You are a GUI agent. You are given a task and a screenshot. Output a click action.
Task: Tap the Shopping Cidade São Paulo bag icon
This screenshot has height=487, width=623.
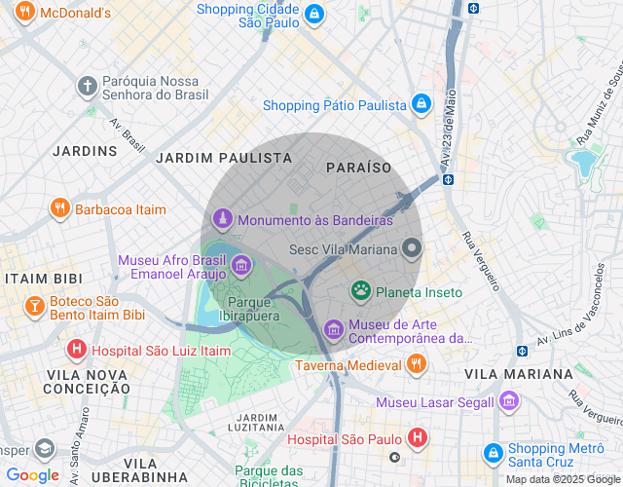click(314, 15)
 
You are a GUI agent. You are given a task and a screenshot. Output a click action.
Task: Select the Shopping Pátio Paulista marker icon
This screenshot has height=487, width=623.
click(421, 103)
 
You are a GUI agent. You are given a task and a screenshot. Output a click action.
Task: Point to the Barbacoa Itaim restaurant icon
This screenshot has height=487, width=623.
click(59, 208)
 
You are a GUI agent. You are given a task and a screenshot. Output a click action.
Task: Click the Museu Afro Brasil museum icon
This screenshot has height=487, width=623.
click(240, 264)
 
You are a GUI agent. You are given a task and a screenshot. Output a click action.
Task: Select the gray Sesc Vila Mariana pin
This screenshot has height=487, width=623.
click(412, 249)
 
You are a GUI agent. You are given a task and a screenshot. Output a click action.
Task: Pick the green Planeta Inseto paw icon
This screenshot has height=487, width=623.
click(362, 291)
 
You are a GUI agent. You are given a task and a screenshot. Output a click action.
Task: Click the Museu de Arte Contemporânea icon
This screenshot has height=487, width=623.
click(334, 329)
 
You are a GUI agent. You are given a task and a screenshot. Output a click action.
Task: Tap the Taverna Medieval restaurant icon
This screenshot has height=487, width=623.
click(417, 365)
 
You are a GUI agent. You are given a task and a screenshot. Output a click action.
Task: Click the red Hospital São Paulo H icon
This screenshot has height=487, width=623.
click(417, 438)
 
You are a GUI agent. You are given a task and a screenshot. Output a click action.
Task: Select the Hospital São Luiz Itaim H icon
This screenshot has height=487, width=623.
click(76, 350)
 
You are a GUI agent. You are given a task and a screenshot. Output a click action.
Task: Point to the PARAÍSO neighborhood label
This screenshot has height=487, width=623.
click(359, 168)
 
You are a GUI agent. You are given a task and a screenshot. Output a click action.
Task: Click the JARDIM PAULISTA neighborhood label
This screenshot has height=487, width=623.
click(224, 157)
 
